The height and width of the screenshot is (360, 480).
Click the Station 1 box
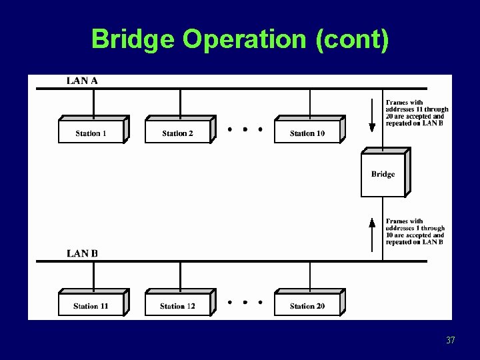(x=91, y=133)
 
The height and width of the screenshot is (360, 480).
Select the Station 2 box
(x=177, y=133)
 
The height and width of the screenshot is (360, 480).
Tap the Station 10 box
(x=307, y=133)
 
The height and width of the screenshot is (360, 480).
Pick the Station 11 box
(x=91, y=306)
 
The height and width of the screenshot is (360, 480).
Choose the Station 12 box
(x=177, y=306)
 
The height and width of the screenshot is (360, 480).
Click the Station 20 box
(x=307, y=306)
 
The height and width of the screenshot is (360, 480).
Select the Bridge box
(x=383, y=174)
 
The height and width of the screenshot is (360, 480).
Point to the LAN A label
(x=82, y=81)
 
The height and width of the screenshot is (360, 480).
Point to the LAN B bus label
(x=82, y=253)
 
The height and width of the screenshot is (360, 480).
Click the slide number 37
(x=450, y=341)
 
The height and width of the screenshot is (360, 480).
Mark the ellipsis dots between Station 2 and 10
(x=244, y=129)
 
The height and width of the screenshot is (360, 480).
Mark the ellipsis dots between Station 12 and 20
(x=244, y=302)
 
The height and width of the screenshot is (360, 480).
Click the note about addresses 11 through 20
(x=417, y=113)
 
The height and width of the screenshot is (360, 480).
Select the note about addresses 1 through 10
(x=415, y=232)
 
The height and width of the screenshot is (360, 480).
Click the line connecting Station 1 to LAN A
(x=93, y=103)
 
